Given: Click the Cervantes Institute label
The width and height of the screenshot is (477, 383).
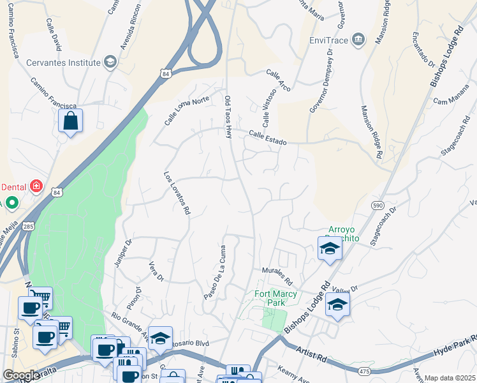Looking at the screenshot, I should pyautogui.click(x=63, y=63).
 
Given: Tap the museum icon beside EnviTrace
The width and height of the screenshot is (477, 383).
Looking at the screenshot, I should pyautogui.click(x=358, y=40).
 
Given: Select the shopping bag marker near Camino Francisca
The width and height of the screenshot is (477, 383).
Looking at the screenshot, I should pyautogui.click(x=70, y=121).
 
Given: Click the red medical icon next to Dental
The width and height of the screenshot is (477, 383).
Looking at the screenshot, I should pyautogui.click(x=37, y=186).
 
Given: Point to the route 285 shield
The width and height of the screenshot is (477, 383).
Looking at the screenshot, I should pyautogui.click(x=28, y=227).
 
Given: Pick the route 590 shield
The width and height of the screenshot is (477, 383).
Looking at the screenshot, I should pyautogui.click(x=378, y=204).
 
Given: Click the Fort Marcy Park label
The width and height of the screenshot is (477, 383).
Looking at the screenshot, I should pyautogui.click(x=270, y=298).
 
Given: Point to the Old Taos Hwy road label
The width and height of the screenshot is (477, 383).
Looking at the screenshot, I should pyautogui.click(x=228, y=117).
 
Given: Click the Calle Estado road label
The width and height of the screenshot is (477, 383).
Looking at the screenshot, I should pyautogui.click(x=268, y=137).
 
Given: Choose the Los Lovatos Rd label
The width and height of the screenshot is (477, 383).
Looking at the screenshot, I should pyautogui.click(x=177, y=192).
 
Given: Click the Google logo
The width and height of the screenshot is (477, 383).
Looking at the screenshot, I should pyautogui.click(x=21, y=375).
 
